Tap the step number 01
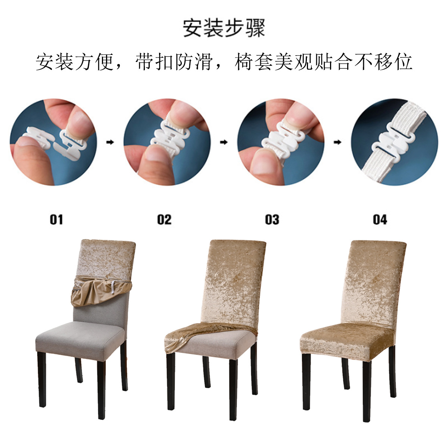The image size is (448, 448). coord(56,220)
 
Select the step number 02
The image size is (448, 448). coord(164,220)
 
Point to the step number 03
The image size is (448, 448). coord(272,220)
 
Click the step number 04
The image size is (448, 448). coord(380,220)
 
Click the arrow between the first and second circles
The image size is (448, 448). coord(110,142)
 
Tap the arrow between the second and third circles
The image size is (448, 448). coord(224,142)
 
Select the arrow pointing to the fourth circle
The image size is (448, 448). coord(337,142)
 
